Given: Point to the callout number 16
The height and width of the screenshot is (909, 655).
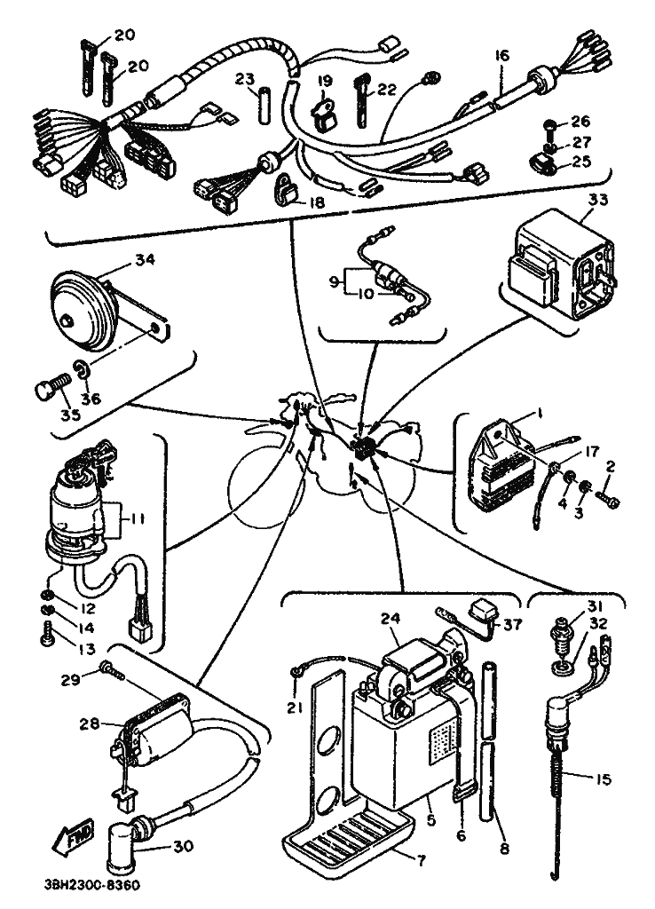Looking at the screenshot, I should coord(503,56).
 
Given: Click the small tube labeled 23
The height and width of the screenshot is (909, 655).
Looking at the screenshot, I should coord(264,106).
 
